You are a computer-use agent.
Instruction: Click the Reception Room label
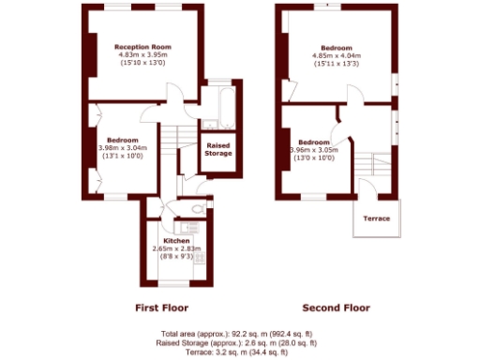click(142, 46)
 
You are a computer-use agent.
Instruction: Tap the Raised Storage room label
click(217, 149)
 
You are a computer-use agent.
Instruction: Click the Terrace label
click(377, 218)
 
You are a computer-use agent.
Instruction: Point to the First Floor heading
click(162, 307)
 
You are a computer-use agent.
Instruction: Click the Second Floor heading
click(336, 307)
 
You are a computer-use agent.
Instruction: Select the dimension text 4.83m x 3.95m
click(142, 54)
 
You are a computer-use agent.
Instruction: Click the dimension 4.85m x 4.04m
click(337, 55)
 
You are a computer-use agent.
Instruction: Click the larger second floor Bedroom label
click(337, 47)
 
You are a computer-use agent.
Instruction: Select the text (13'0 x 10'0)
click(313, 157)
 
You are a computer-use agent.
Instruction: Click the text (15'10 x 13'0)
click(142, 63)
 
